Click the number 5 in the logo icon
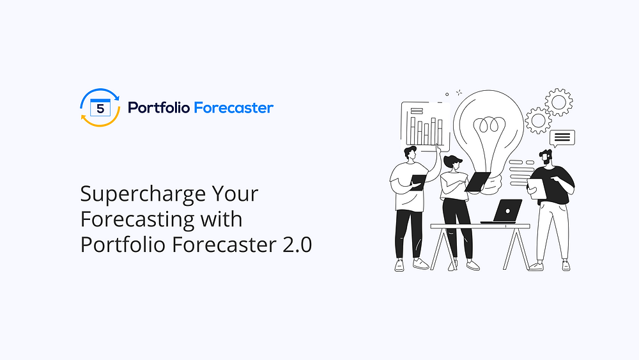click(x=100, y=109)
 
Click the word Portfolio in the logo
click(x=158, y=107)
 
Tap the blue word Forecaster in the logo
click(x=233, y=107)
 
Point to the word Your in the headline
click(x=235, y=194)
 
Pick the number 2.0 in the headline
click(x=298, y=245)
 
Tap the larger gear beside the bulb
click(x=558, y=102)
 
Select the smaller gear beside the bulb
click(x=538, y=120)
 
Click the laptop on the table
click(x=502, y=211)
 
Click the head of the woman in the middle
click(x=453, y=162)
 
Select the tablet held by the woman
click(x=477, y=182)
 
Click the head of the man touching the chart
click(x=410, y=153)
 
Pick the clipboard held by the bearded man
click(x=537, y=189)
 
